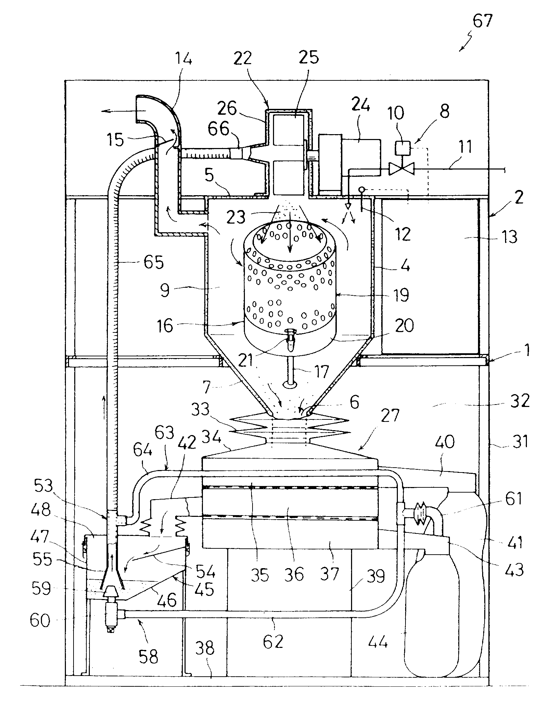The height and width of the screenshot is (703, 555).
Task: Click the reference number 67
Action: click(x=483, y=21)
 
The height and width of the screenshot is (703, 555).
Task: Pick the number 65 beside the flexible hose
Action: click(x=154, y=262)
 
